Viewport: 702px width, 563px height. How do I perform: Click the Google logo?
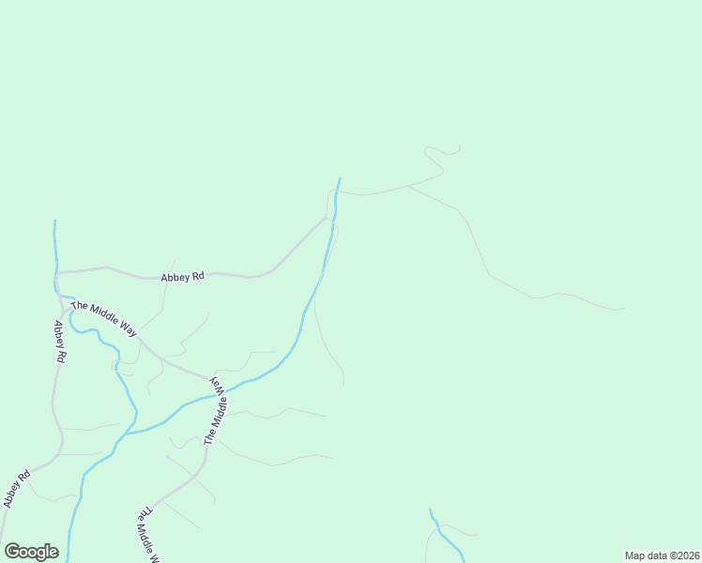pyautogui.click(x=31, y=552)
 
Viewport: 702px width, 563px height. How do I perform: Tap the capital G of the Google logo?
pyautogui.click(x=12, y=552)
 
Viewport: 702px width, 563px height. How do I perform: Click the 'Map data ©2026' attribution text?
pyautogui.click(x=662, y=555)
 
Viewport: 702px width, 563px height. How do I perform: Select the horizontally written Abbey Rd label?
pyautogui.click(x=182, y=277)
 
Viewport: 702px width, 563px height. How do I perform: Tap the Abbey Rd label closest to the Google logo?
pyautogui.click(x=16, y=489)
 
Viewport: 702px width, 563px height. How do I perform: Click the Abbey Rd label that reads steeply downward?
pyautogui.click(x=59, y=342)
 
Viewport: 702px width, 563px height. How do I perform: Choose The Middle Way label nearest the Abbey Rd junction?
pyautogui.click(x=103, y=319)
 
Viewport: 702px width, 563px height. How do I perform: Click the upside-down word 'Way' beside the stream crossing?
pyautogui.click(x=216, y=383)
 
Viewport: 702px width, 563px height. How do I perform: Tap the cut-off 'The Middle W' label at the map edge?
pyautogui.click(x=145, y=535)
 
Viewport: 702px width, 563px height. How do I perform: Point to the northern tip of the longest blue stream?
pyautogui.click(x=340, y=178)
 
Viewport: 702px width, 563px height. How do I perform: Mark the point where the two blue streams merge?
pyautogui.click(x=124, y=434)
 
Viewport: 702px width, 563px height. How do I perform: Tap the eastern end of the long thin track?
pyautogui.click(x=623, y=308)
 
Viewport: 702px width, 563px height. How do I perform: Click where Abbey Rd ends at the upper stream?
pyautogui.click(x=328, y=219)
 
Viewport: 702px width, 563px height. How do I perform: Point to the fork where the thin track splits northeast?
pyautogui.click(x=408, y=186)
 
